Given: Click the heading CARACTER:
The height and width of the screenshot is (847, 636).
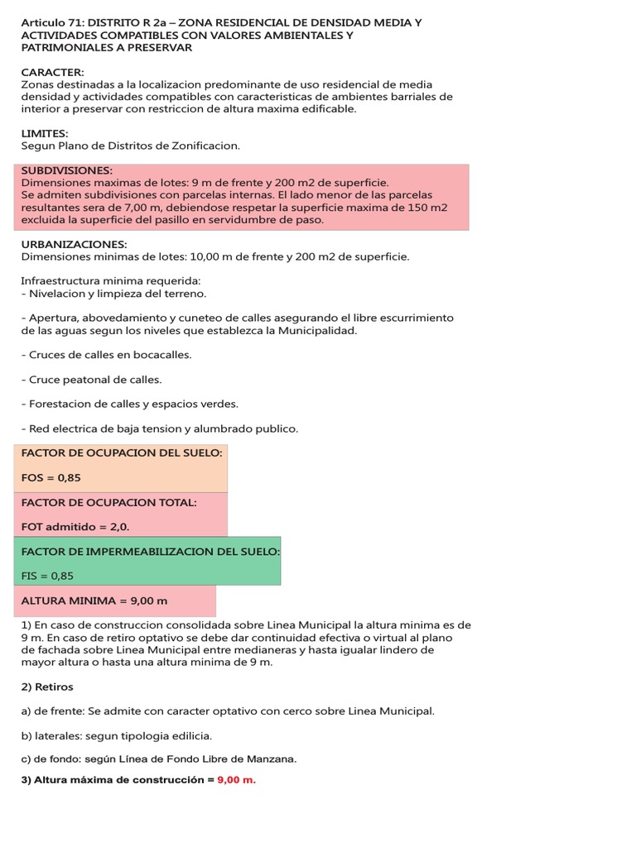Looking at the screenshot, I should coord(53,73).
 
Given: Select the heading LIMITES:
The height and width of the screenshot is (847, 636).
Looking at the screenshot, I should coord(45,133).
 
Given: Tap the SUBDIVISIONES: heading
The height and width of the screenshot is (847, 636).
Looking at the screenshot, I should coord(66,170).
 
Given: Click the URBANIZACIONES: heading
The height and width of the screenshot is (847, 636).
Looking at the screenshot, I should coord(74,244).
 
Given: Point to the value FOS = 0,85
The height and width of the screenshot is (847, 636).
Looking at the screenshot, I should coord(51,478).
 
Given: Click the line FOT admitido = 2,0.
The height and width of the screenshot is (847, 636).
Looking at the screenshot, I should coord(75,526).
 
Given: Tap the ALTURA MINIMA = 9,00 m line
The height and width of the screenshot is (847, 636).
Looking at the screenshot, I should coord(94,601).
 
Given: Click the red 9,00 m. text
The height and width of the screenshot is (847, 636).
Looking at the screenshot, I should coord(237,779).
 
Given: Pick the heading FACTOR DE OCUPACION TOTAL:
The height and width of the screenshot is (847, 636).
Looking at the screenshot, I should coord(108,502).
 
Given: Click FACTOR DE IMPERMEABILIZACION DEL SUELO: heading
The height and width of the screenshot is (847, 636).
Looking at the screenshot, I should coord(151,551).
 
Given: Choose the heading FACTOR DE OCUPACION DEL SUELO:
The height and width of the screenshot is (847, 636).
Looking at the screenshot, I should coord(122,453).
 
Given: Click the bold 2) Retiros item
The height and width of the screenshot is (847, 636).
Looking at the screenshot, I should coord(47,687).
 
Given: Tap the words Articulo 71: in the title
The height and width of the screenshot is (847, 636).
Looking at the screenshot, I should coord(52,22).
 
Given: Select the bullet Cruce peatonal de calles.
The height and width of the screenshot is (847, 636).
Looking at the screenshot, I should coord(92,380).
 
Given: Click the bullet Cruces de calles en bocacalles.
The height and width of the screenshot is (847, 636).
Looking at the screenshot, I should coord(106,355).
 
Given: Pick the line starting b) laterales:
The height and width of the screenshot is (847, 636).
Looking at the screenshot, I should coord(116,735).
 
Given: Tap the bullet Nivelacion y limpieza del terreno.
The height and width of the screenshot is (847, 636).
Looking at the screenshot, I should coord(114,294).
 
